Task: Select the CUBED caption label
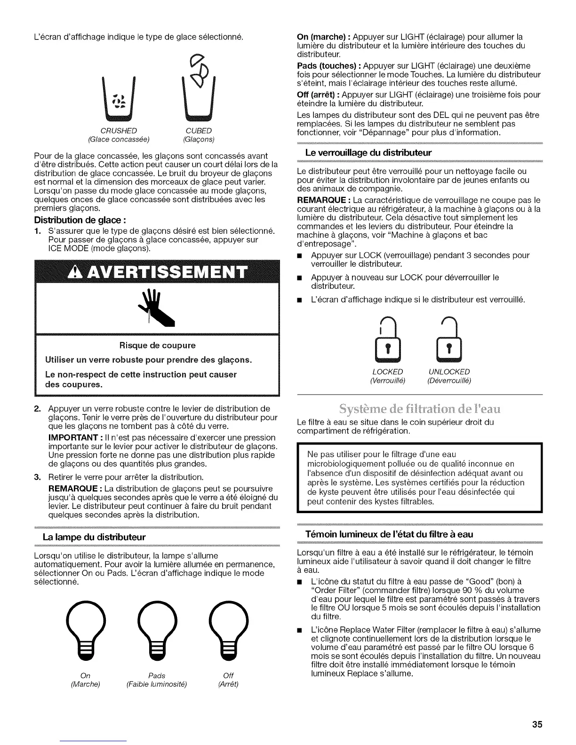click(199, 130)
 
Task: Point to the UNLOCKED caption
click(448, 372)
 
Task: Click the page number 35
click(537, 724)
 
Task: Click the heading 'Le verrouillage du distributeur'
click(368, 153)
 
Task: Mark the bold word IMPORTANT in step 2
click(70, 437)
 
